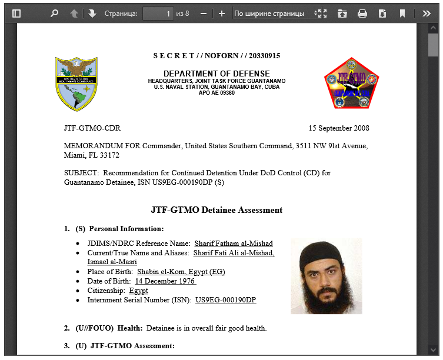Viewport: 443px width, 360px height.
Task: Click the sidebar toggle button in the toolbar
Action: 16,13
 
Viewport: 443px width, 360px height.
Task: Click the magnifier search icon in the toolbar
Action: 54,13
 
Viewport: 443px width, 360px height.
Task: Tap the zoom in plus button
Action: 221,13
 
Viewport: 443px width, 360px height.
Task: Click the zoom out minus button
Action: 204,13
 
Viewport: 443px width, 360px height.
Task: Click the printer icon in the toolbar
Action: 362,13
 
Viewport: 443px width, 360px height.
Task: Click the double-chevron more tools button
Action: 427,13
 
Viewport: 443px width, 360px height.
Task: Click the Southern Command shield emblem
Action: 76,84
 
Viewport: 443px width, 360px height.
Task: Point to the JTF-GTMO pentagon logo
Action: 351,84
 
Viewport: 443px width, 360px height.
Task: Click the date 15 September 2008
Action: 339,128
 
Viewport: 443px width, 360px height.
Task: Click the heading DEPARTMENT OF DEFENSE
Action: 216,74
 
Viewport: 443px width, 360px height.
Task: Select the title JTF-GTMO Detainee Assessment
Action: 216,210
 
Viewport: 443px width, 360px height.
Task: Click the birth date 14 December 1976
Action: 165,281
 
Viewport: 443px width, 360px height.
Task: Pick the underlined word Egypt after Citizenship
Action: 138,291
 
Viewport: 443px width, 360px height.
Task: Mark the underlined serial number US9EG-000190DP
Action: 226,300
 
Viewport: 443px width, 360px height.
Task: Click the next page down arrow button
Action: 92,13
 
